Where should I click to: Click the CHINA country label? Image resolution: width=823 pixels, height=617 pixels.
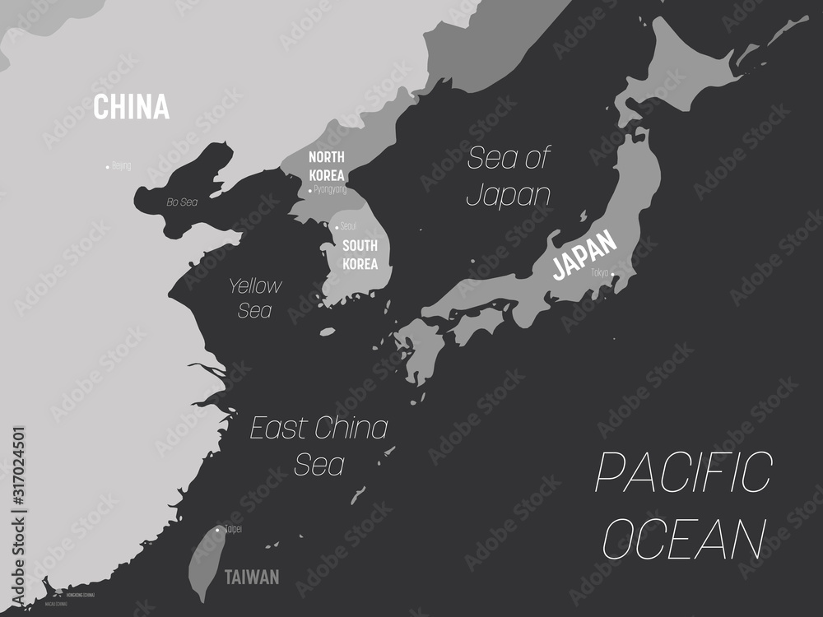click(132, 107)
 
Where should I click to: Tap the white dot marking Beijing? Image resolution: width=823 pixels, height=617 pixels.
click(108, 167)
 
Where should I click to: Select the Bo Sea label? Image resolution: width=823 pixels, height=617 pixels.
click(183, 202)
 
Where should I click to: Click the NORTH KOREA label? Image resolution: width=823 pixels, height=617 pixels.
click(327, 165)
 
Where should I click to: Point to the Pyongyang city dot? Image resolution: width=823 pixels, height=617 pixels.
click(310, 190)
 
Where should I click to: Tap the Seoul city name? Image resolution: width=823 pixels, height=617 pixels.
click(349, 226)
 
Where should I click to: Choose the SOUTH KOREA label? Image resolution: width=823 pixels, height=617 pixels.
click(360, 255)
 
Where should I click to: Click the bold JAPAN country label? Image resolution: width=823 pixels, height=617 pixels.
click(584, 254)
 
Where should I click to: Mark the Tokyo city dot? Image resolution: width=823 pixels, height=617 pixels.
click(612, 276)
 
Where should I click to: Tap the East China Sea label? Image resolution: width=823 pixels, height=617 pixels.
click(319, 445)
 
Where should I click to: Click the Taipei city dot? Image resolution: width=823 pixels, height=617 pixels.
click(217, 530)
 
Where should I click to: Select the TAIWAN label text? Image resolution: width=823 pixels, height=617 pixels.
click(252, 578)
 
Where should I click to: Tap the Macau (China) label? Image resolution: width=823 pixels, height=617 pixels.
click(57, 603)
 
